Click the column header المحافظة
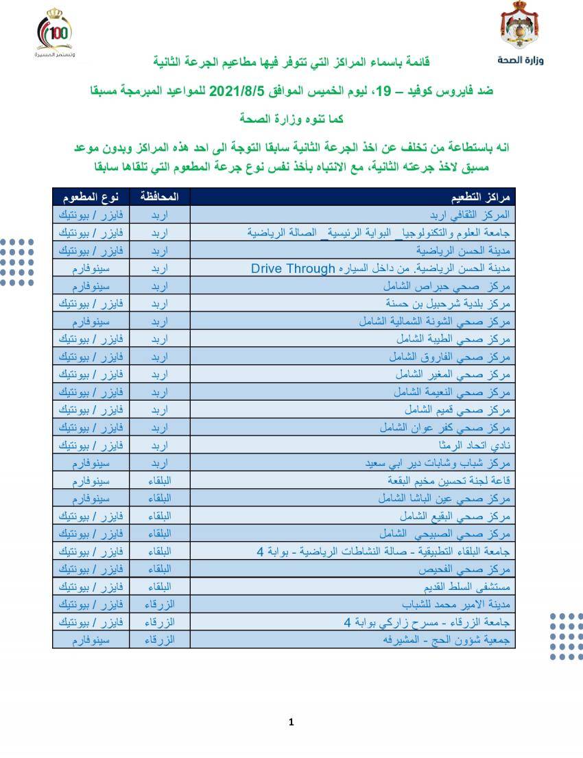pyautogui.click(x=159, y=197)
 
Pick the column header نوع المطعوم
pyautogui.click(x=91, y=197)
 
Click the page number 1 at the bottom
pyautogui.click(x=291, y=722)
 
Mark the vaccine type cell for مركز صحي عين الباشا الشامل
pyautogui.click(x=91, y=497)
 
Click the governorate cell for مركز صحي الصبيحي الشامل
pyautogui.click(x=159, y=533)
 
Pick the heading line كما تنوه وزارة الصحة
pyautogui.click(x=291, y=118)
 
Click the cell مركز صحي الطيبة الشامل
pyautogui.click(x=453, y=340)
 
